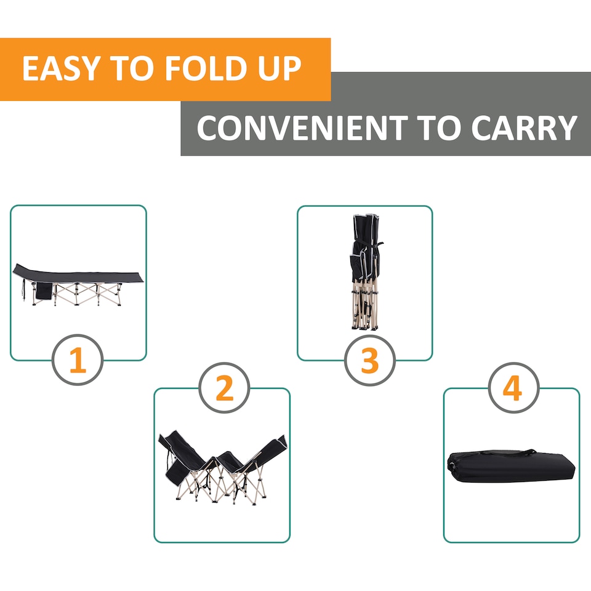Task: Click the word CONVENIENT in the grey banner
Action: click(300, 128)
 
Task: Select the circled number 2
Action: click(225, 389)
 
